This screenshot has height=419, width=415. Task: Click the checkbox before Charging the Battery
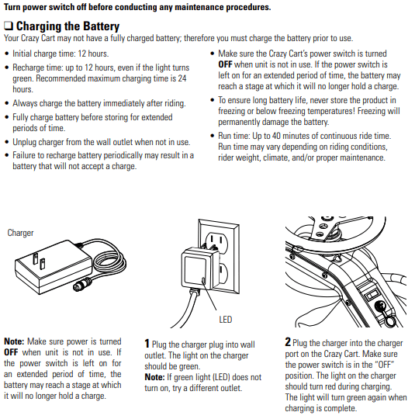9,26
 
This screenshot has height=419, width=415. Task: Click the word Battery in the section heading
101,26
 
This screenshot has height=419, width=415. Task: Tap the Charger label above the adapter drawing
21,233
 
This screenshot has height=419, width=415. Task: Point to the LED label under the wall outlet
225,320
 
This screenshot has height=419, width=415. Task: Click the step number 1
147,344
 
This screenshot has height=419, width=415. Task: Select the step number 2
288,341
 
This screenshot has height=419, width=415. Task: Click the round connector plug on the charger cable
82,284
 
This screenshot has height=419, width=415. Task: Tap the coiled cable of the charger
109,263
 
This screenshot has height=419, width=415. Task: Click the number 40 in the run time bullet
276,136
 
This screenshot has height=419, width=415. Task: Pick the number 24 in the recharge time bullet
182,78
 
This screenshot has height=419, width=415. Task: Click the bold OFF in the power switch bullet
225,64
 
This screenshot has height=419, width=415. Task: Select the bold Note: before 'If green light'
154,377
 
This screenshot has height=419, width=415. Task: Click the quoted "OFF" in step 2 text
385,365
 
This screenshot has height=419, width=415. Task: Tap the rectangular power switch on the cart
372,295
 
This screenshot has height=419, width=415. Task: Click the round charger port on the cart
380,306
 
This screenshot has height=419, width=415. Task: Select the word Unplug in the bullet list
24,142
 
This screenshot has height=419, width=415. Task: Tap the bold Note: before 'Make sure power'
14,341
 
